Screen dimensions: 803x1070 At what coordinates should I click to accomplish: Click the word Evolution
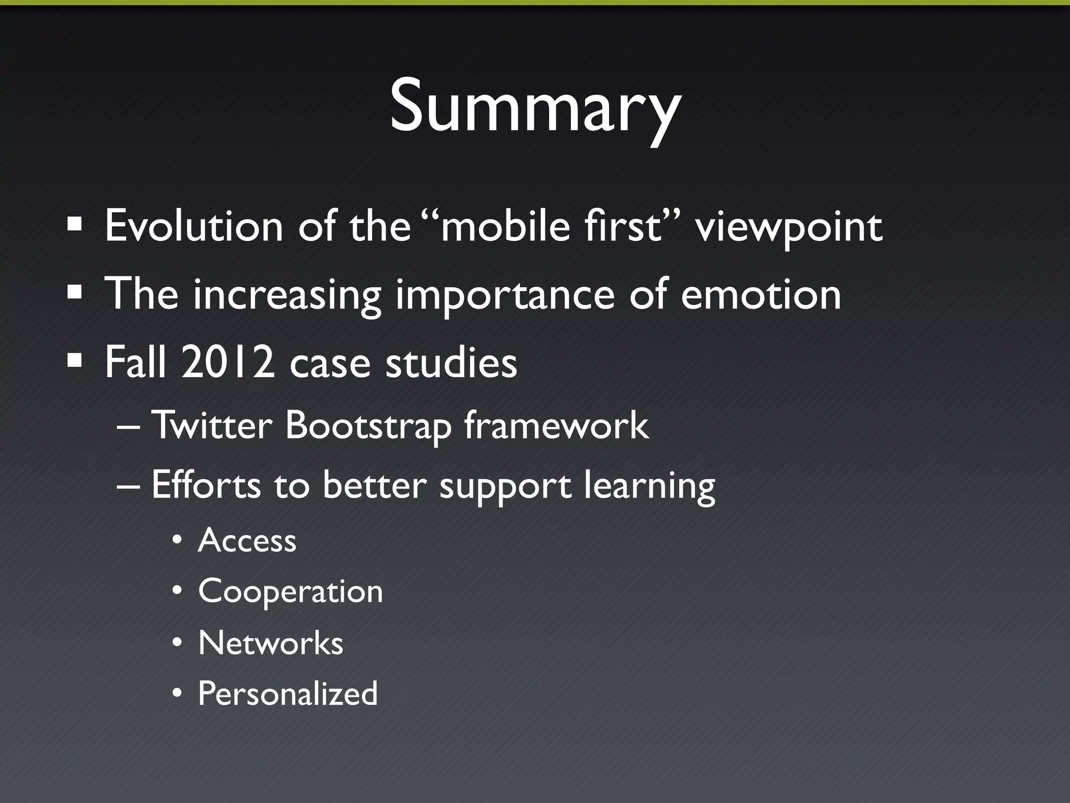pyautogui.click(x=193, y=226)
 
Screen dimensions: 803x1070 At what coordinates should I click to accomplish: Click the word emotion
pyautogui.click(x=761, y=295)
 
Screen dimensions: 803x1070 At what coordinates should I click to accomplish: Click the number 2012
pyautogui.click(x=228, y=362)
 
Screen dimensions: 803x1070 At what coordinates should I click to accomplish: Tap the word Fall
pyautogui.click(x=135, y=362)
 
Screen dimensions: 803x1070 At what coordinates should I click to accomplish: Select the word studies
pyautogui.click(x=451, y=362)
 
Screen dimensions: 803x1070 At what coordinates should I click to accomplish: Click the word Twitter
pyautogui.click(x=212, y=425)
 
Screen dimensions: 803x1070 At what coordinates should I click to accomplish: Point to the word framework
pyautogui.click(x=556, y=425)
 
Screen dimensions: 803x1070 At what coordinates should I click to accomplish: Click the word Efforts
pyautogui.click(x=206, y=484)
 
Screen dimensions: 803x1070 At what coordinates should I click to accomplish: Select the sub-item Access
pyautogui.click(x=247, y=540)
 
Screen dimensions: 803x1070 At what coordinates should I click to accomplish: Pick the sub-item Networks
pyautogui.click(x=271, y=643)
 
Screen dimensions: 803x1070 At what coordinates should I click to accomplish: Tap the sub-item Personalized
pyautogui.click(x=287, y=694)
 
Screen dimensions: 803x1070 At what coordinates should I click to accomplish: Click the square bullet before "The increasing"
pyautogui.click(x=75, y=293)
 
